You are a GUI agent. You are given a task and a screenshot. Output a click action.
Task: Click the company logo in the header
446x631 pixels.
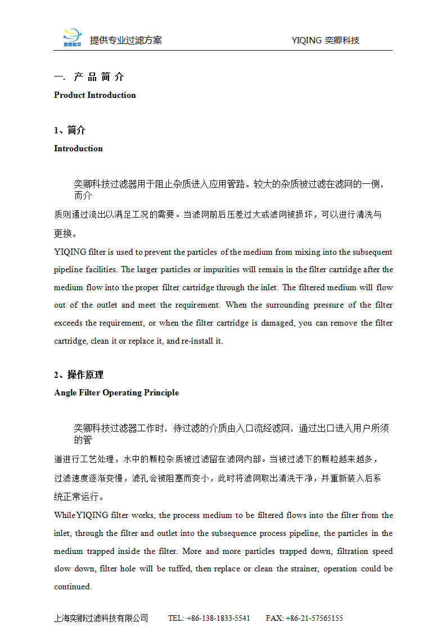click(x=72, y=38)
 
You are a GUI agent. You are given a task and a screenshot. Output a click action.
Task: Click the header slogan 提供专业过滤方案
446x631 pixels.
click(x=126, y=40)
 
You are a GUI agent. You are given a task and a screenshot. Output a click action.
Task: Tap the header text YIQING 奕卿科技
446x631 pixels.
click(x=326, y=40)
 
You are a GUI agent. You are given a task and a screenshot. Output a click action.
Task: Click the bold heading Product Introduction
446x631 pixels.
click(x=94, y=95)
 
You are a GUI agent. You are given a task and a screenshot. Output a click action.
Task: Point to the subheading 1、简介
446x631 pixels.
click(x=70, y=130)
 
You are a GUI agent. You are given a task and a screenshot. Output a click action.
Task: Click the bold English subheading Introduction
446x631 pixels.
click(x=78, y=148)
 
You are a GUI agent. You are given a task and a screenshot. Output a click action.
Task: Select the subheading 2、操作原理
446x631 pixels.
click(x=79, y=375)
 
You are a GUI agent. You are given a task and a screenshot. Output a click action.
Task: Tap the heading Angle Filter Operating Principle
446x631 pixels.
click(x=116, y=393)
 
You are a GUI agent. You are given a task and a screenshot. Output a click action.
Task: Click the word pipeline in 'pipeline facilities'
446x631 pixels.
click(x=68, y=270)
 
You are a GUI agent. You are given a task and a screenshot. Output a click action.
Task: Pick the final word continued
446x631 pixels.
click(x=73, y=587)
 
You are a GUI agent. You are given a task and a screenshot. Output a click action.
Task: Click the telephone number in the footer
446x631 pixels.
click(x=209, y=618)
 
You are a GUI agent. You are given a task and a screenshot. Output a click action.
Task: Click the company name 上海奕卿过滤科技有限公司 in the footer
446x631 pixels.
click(x=101, y=618)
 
